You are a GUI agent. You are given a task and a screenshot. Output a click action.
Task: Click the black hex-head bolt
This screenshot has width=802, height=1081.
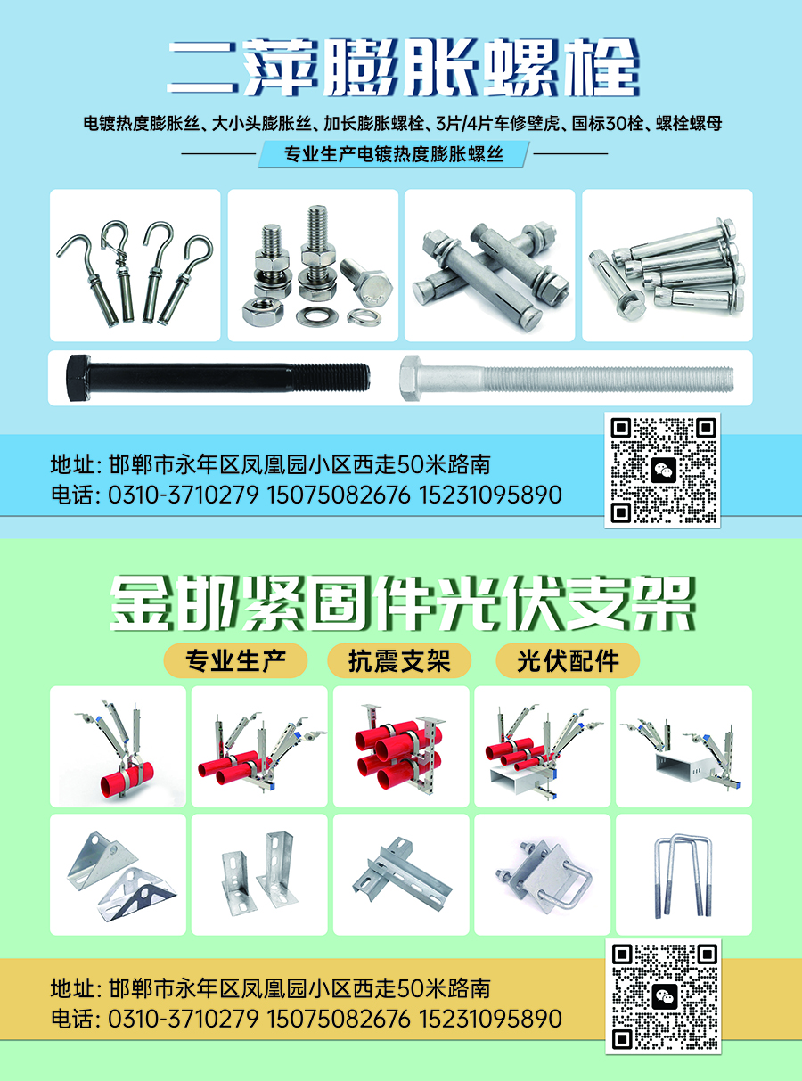(x=217, y=378)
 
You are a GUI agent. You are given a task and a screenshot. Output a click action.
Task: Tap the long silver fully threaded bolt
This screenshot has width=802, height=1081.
(x=566, y=378)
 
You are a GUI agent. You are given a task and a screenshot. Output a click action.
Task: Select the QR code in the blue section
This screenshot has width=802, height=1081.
(x=663, y=470)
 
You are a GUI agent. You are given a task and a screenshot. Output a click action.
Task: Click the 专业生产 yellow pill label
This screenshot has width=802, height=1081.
(x=235, y=661)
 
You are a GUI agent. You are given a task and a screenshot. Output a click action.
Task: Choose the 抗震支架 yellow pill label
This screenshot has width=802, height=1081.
(x=399, y=661)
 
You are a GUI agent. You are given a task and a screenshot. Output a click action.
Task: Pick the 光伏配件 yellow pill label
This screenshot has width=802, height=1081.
(x=568, y=661)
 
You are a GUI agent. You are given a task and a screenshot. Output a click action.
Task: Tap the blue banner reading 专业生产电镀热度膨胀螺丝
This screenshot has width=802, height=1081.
(x=394, y=154)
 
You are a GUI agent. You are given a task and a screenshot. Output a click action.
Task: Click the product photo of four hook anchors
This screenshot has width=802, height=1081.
(x=135, y=266)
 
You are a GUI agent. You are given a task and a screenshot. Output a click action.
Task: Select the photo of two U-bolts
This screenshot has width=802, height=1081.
(x=683, y=875)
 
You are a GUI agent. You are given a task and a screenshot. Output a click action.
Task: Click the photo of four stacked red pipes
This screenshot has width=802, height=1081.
(x=401, y=747)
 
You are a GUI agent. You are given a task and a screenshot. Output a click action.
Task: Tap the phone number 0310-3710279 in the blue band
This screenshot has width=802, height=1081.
(x=184, y=495)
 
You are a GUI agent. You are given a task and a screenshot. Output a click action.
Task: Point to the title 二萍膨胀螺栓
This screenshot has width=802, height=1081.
(x=403, y=68)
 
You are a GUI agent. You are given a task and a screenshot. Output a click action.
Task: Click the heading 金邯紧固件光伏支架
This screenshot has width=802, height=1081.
(x=402, y=604)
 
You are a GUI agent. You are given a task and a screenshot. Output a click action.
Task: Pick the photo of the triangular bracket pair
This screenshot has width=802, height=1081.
(x=118, y=875)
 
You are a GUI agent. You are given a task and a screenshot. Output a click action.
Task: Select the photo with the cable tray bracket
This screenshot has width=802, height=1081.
(x=683, y=747)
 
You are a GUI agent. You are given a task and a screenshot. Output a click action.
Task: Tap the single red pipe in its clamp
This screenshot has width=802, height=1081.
(x=127, y=777)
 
